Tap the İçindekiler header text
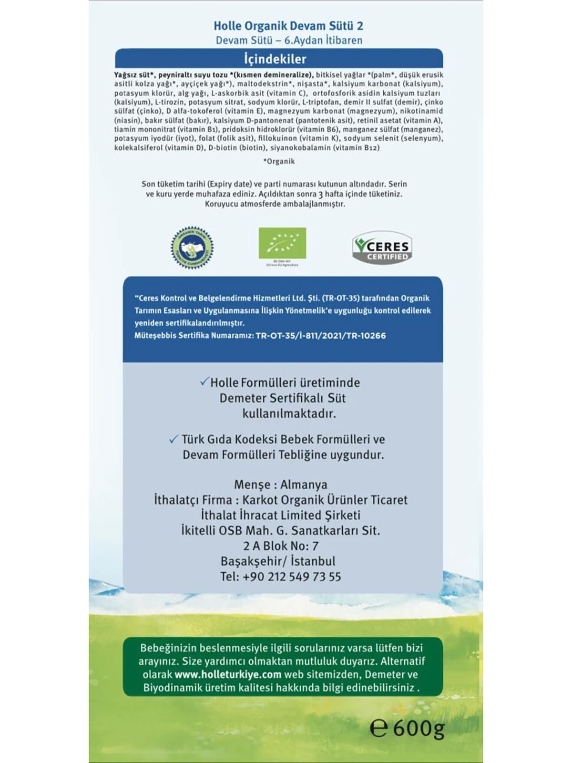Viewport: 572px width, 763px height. (x=275, y=59)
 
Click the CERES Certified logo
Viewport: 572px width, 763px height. (x=382, y=247)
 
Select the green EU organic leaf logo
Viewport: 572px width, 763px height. (x=282, y=243)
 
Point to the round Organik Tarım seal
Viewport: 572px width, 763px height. (x=192, y=248)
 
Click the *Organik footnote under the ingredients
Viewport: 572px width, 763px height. (x=279, y=161)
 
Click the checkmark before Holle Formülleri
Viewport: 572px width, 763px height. (x=204, y=381)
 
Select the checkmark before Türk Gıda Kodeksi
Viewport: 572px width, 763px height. (x=174, y=439)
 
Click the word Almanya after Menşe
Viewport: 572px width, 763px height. (x=304, y=485)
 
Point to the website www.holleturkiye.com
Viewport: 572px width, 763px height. (x=228, y=674)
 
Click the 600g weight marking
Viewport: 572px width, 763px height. (x=419, y=728)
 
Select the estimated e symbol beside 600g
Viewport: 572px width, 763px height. (x=378, y=729)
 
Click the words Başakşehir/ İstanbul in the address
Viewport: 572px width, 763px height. (x=278, y=561)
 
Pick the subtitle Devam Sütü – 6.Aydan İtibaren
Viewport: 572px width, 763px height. (x=289, y=41)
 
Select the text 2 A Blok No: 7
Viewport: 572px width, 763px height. (x=281, y=546)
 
